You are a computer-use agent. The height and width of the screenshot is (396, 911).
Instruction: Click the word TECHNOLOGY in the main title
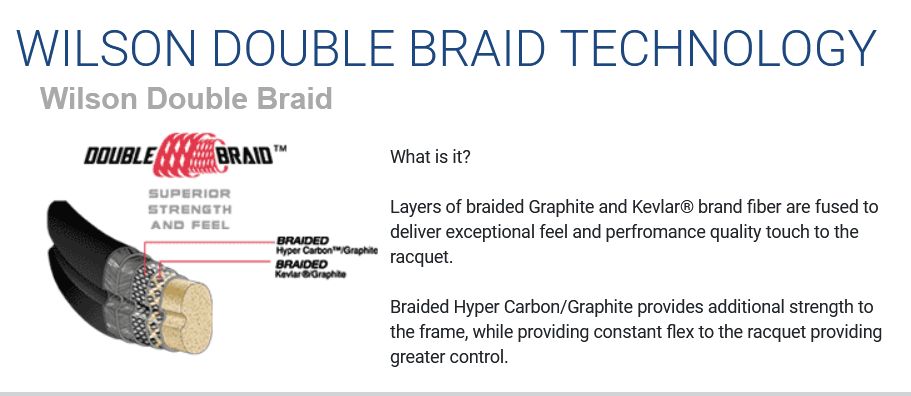[x=718, y=47]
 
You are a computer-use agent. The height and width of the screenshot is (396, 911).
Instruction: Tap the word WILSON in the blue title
[x=106, y=47]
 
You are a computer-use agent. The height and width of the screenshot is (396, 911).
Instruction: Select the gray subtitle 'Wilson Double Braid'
[x=186, y=98]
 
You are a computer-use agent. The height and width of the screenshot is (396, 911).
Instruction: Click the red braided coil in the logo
[x=190, y=154]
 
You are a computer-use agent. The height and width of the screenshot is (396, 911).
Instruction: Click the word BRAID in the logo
[x=245, y=156]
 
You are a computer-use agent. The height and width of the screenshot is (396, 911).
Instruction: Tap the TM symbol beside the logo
[x=279, y=149]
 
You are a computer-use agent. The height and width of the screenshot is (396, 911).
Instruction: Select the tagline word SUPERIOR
[x=189, y=193]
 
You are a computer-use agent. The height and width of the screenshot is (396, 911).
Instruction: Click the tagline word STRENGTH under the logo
[x=189, y=209]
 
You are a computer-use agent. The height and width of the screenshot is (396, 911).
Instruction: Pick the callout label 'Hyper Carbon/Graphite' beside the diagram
[x=327, y=251]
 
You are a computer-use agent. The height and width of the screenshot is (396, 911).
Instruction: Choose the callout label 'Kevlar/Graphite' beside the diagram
[x=311, y=273]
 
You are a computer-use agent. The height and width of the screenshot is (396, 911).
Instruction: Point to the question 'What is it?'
[x=430, y=157]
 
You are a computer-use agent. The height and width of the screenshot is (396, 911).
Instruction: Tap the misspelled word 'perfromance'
[x=649, y=232]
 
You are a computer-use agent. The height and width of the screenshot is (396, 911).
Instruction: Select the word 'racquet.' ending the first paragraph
[x=421, y=258]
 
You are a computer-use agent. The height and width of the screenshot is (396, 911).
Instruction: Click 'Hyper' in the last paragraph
[x=466, y=307]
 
